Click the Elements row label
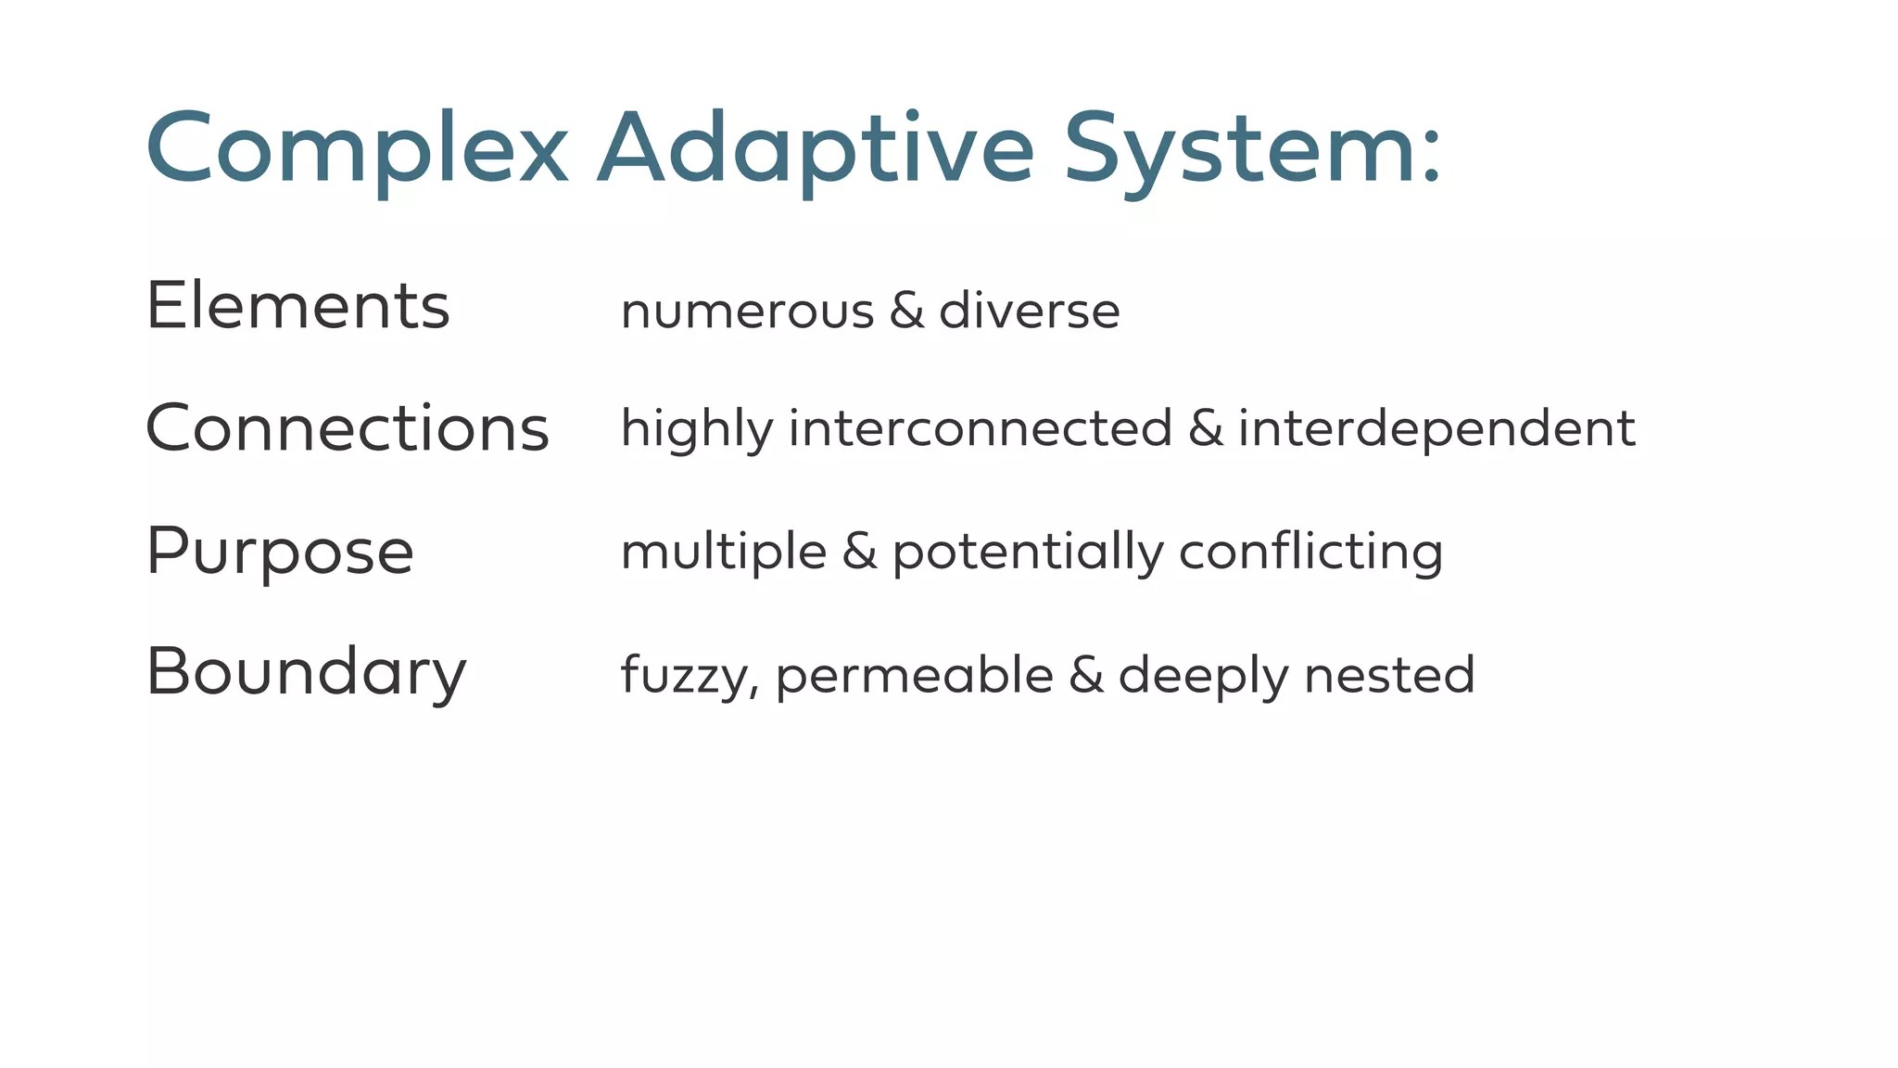[x=297, y=306]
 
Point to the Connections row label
[x=348, y=428]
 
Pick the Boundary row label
[x=306, y=672]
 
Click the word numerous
[x=747, y=311]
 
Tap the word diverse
[x=1029, y=311]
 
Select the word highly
[x=696, y=429]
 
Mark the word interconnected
[x=981, y=428]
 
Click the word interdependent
[x=1436, y=428]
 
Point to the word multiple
[x=723, y=553]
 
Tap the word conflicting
[x=1310, y=553]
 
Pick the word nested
[x=1389, y=675]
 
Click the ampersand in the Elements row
[x=906, y=311]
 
